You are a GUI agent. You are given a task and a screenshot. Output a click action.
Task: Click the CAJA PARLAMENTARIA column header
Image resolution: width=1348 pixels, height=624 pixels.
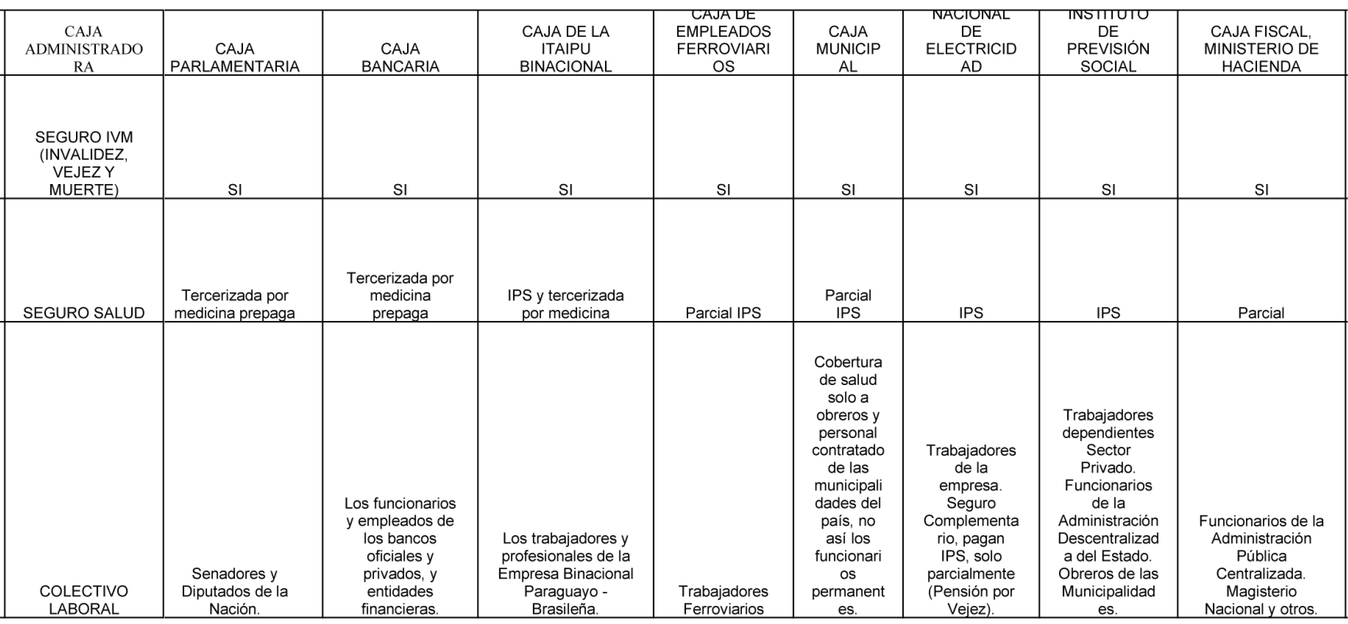point(235,58)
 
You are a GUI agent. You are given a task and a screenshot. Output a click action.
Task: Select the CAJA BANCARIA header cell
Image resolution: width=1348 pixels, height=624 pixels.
point(400,58)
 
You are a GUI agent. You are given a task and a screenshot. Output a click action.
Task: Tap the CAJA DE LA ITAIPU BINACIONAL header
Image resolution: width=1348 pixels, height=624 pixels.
point(565,49)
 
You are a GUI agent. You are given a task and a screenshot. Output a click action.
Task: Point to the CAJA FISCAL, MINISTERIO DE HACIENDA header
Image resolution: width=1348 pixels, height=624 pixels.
point(1261,49)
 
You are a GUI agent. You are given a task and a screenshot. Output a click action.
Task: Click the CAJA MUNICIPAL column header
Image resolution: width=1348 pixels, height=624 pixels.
point(847,49)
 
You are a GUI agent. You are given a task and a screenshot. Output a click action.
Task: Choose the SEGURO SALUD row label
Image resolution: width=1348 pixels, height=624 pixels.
point(84,313)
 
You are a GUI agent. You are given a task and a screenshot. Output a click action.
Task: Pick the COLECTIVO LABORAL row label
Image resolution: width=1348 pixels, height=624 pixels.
point(84,600)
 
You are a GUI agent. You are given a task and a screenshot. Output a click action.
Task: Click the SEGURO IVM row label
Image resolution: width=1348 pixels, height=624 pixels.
point(84,164)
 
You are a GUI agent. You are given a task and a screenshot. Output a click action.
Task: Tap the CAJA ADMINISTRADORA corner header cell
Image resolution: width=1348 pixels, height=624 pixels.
point(84,49)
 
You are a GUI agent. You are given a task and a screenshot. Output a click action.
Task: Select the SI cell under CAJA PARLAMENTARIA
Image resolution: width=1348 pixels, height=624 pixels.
point(235,190)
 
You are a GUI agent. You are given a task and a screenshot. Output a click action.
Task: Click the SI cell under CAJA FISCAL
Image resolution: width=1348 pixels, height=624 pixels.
point(1261,190)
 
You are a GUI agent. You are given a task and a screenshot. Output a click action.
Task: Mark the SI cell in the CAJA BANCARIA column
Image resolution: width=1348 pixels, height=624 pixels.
point(400,190)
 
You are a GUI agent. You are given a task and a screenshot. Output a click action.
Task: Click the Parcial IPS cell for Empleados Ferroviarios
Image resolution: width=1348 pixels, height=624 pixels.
point(723,313)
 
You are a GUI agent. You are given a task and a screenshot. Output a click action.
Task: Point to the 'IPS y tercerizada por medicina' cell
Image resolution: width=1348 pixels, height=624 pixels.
point(565,304)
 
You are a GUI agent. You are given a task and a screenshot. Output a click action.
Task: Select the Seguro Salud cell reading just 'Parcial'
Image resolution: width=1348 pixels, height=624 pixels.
point(1261,313)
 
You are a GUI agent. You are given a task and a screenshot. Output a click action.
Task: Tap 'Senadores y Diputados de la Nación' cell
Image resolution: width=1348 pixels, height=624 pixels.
point(235,591)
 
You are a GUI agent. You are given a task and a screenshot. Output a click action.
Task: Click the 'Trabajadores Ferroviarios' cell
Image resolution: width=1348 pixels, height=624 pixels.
point(723,600)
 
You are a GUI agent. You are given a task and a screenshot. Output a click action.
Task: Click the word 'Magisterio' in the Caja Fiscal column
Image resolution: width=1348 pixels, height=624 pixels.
point(1261,591)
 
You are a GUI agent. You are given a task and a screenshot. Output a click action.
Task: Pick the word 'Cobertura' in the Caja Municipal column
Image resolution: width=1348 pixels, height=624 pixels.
point(847,362)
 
